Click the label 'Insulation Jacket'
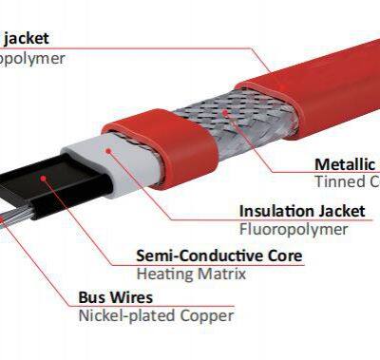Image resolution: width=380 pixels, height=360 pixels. [294, 210]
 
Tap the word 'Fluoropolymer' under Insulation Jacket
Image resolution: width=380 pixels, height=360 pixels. [294, 229]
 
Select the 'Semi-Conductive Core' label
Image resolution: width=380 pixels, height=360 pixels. [219, 256]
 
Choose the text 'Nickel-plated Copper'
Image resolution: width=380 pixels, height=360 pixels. [155, 316]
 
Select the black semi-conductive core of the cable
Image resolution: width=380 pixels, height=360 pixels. [38, 189]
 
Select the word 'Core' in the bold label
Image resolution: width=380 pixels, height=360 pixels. [283, 256]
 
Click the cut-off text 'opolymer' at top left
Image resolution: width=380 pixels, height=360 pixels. [32, 59]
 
